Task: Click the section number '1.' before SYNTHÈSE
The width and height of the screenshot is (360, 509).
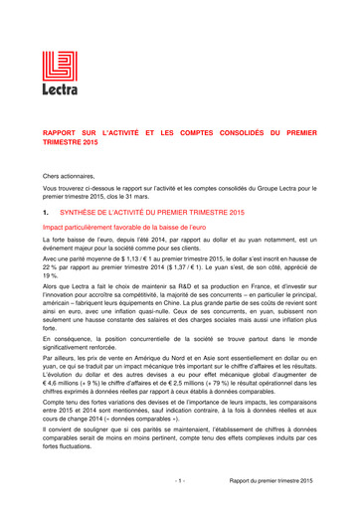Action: pos(46,213)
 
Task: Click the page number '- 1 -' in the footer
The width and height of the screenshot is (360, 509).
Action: pos(180,480)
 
